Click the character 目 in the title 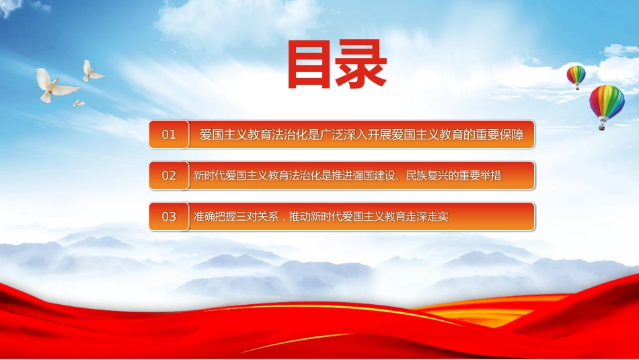point(309,65)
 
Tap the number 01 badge point(169,134)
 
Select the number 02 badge point(169,176)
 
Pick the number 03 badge point(169,216)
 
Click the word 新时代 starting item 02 point(209,176)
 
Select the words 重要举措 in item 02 point(480,176)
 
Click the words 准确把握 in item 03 point(215,216)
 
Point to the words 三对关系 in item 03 point(257,216)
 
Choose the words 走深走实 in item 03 point(427,216)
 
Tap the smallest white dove point(79,103)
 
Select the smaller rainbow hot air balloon point(576,77)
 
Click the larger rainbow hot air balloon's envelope point(607,102)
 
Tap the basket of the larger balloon point(602,127)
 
